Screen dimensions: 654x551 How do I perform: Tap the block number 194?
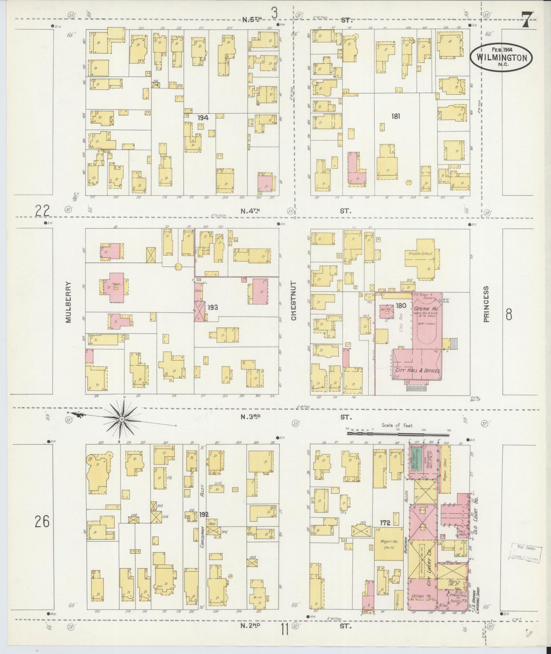pyautogui.click(x=203, y=118)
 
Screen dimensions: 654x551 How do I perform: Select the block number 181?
pyautogui.click(x=395, y=117)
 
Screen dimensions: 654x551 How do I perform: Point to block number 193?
pyautogui.click(x=213, y=307)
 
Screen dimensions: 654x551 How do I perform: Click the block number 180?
pyautogui.click(x=401, y=305)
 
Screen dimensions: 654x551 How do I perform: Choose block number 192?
pyautogui.click(x=204, y=515)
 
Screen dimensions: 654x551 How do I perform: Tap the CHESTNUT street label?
pyautogui.click(x=294, y=301)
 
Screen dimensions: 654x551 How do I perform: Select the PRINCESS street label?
pyautogui.click(x=486, y=305)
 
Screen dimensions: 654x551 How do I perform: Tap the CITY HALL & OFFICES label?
pyautogui.click(x=418, y=370)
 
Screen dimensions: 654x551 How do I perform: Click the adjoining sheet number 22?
pyautogui.click(x=43, y=210)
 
